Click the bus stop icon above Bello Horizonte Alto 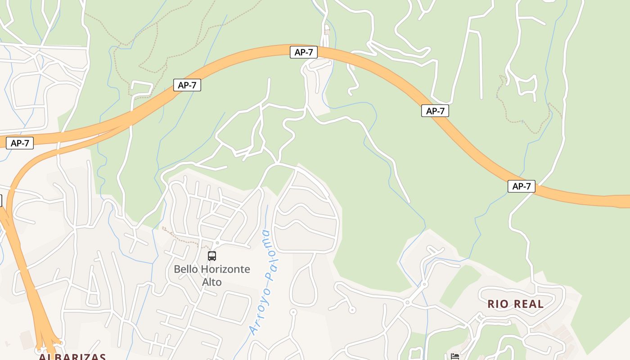click(212, 256)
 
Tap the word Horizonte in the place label click(225, 270)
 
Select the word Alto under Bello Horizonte click(212, 282)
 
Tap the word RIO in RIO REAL click(498, 304)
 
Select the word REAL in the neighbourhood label click(528, 304)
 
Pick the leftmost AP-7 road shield click(20, 143)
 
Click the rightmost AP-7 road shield click(522, 186)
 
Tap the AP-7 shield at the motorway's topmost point click(304, 52)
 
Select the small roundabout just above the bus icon click(217, 243)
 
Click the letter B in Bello click(177, 270)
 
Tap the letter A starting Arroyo click(253, 332)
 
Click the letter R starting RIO click(491, 304)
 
